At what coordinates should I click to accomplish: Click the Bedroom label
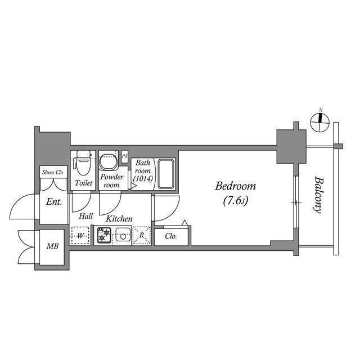pos(236,186)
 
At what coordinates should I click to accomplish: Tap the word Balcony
pos(318,195)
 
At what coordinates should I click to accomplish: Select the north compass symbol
pos(321,120)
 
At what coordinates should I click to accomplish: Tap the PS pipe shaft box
pos(124,155)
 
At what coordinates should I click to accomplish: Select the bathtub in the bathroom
pos(165,174)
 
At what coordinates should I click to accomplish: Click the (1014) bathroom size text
pos(143,179)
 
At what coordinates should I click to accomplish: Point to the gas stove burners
pos(103,235)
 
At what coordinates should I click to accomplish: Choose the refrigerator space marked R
pos(142,236)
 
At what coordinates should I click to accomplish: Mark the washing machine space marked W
pos(80,236)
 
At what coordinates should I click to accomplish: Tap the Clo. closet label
pos(171,236)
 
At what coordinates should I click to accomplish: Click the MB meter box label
pos(52,245)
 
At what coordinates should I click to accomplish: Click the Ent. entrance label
pos(53,201)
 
